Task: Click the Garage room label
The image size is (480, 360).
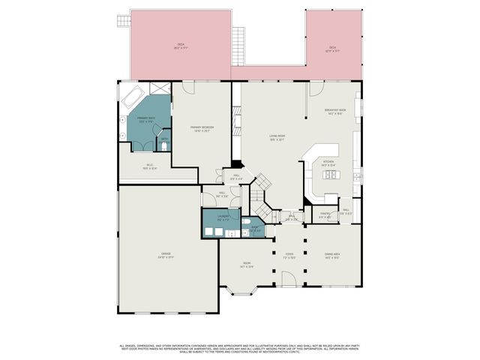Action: (166, 256)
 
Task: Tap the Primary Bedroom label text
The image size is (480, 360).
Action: (201, 128)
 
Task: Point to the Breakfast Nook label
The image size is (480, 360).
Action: (334, 112)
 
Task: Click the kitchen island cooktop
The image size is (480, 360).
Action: (330, 175)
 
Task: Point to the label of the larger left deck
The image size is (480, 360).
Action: (181, 46)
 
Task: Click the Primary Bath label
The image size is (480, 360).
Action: (145, 119)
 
